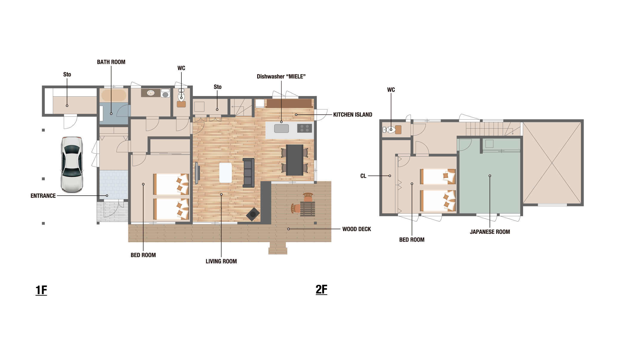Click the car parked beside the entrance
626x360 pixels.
[x=72, y=165]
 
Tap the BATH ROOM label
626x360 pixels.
[x=111, y=62]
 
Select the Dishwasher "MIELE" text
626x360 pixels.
[x=281, y=77]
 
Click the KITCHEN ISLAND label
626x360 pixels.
[x=352, y=115]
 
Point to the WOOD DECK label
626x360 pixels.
[x=357, y=229]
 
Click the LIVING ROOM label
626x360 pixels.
[x=221, y=261]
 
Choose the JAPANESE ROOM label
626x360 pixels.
[x=490, y=232]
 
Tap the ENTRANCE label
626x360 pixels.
[x=43, y=196]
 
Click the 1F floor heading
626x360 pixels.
[x=41, y=290]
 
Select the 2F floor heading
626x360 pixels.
[x=321, y=289]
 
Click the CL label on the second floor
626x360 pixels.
[x=363, y=176]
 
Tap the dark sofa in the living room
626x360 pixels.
[x=249, y=173]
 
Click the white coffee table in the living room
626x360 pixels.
[x=226, y=173]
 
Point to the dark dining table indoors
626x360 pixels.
[x=295, y=160]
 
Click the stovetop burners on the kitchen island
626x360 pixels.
[x=304, y=128]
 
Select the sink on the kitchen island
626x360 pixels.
[x=281, y=128]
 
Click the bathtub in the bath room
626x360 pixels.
[x=114, y=95]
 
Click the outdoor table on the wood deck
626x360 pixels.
[x=308, y=208]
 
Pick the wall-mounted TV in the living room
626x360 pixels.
[x=197, y=173]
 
